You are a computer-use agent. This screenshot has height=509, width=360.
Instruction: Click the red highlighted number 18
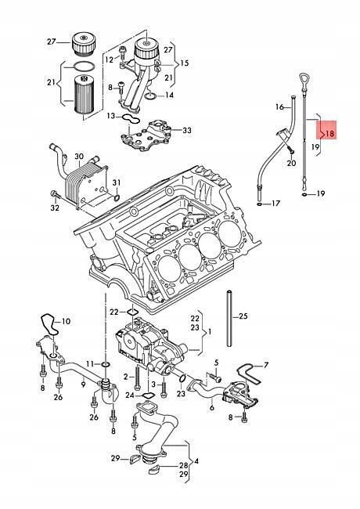click(x=329, y=134)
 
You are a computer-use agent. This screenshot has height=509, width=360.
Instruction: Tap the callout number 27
click(x=52, y=42)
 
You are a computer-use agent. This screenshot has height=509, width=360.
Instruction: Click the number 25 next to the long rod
click(x=242, y=316)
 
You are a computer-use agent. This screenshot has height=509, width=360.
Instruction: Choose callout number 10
click(x=66, y=321)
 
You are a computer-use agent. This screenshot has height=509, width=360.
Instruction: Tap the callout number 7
click(x=265, y=365)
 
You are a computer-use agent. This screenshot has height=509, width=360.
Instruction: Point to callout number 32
click(x=54, y=208)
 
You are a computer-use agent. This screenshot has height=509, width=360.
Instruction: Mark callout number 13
click(x=111, y=116)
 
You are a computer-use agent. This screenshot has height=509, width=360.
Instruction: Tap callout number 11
click(x=90, y=364)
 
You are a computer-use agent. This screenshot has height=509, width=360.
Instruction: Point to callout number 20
click(x=291, y=163)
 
